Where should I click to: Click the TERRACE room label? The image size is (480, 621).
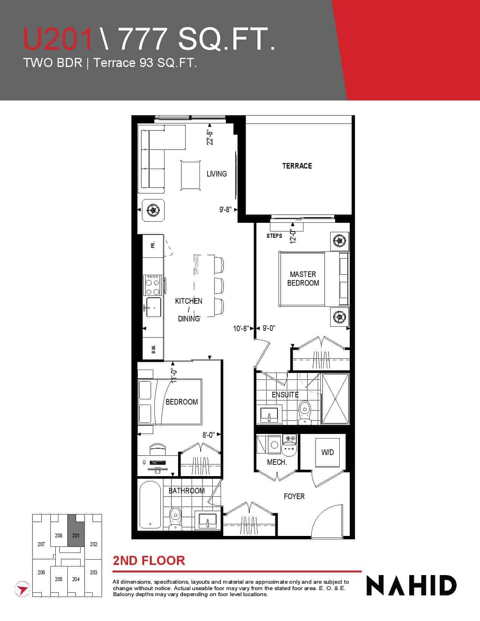tap(297, 166)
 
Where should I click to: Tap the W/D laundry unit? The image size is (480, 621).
tap(327, 452)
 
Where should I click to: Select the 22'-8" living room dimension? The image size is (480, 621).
tap(210, 138)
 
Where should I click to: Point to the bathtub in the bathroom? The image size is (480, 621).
tap(150, 505)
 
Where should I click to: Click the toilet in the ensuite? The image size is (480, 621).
tap(305, 412)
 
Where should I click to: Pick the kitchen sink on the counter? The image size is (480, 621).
tap(154, 307)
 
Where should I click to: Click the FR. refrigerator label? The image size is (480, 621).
tap(153, 245)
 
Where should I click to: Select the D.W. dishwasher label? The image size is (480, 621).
tap(154, 349)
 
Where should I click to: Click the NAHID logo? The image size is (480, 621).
tap(411, 585)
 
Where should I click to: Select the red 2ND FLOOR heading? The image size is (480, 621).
tap(149, 560)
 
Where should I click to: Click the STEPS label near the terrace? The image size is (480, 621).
tap(274, 236)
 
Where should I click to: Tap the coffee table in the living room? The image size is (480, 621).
tap(190, 175)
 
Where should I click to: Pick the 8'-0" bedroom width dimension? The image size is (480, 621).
tap(209, 435)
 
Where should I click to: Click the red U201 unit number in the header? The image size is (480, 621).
tap(58, 39)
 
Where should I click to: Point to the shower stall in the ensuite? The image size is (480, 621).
tap(335, 399)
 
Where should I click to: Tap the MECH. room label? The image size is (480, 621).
tap(277, 462)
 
